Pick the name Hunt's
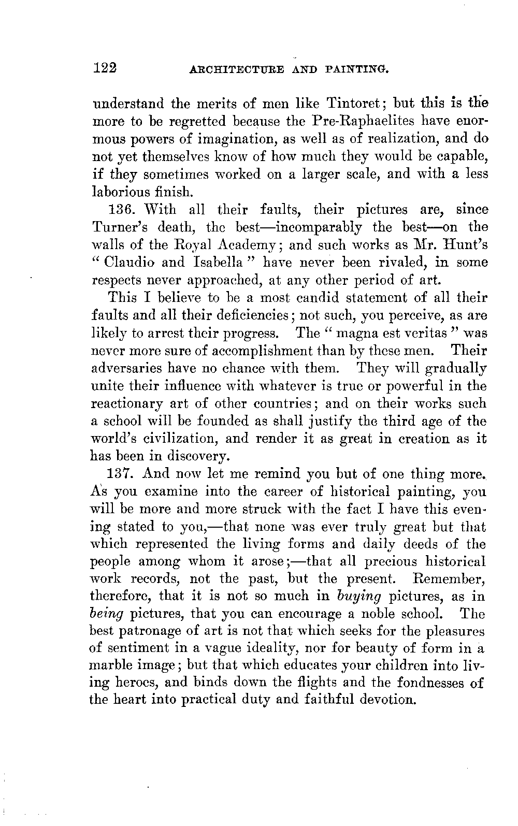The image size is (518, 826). [x=462, y=245]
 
